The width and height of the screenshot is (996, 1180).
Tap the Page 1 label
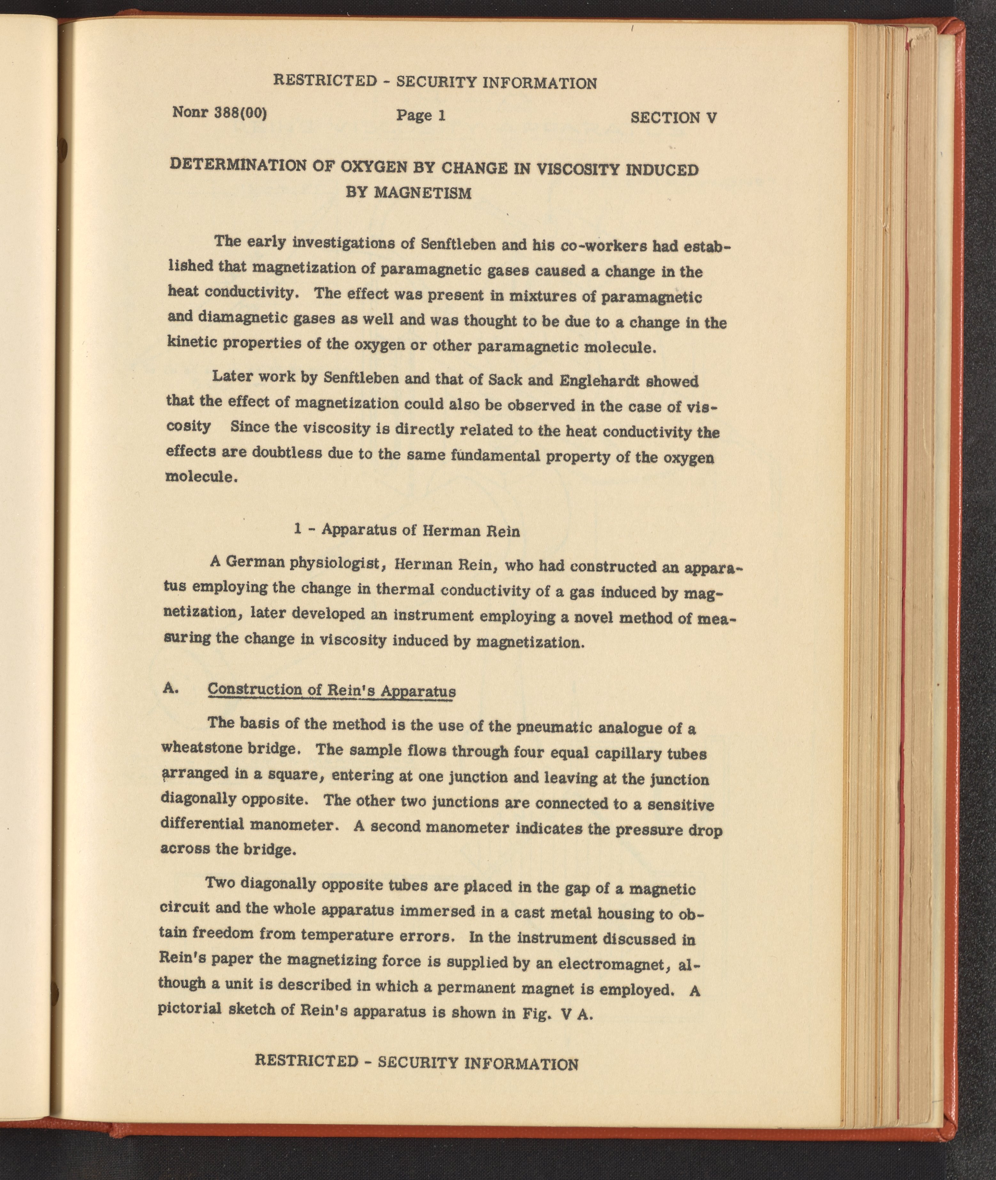tap(421, 115)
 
